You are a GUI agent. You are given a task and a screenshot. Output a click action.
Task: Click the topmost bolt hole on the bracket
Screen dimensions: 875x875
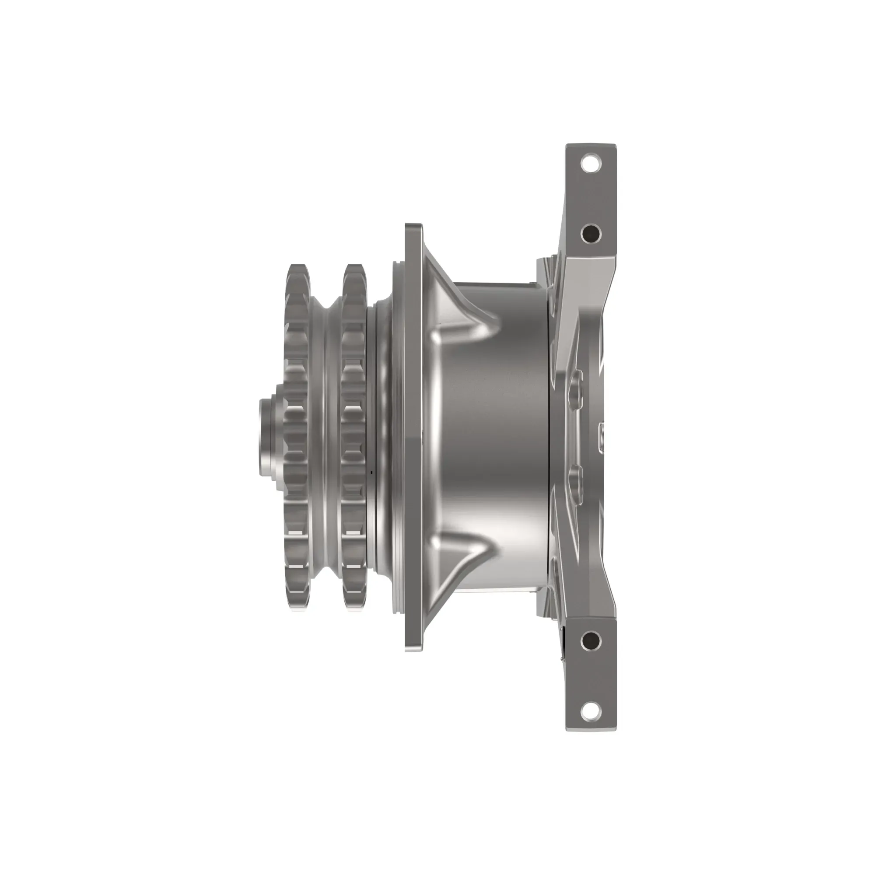pos(590,163)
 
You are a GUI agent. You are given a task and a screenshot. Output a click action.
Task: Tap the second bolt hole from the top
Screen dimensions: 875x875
pos(590,234)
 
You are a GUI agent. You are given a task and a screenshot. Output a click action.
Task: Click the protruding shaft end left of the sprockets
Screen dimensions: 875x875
pos(267,437)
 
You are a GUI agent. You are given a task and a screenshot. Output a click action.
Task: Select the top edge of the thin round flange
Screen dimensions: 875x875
pos(413,227)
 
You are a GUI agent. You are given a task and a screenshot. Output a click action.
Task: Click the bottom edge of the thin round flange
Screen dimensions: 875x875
pos(413,648)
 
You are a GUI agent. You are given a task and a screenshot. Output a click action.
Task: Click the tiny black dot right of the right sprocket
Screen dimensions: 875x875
pos(371,472)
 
